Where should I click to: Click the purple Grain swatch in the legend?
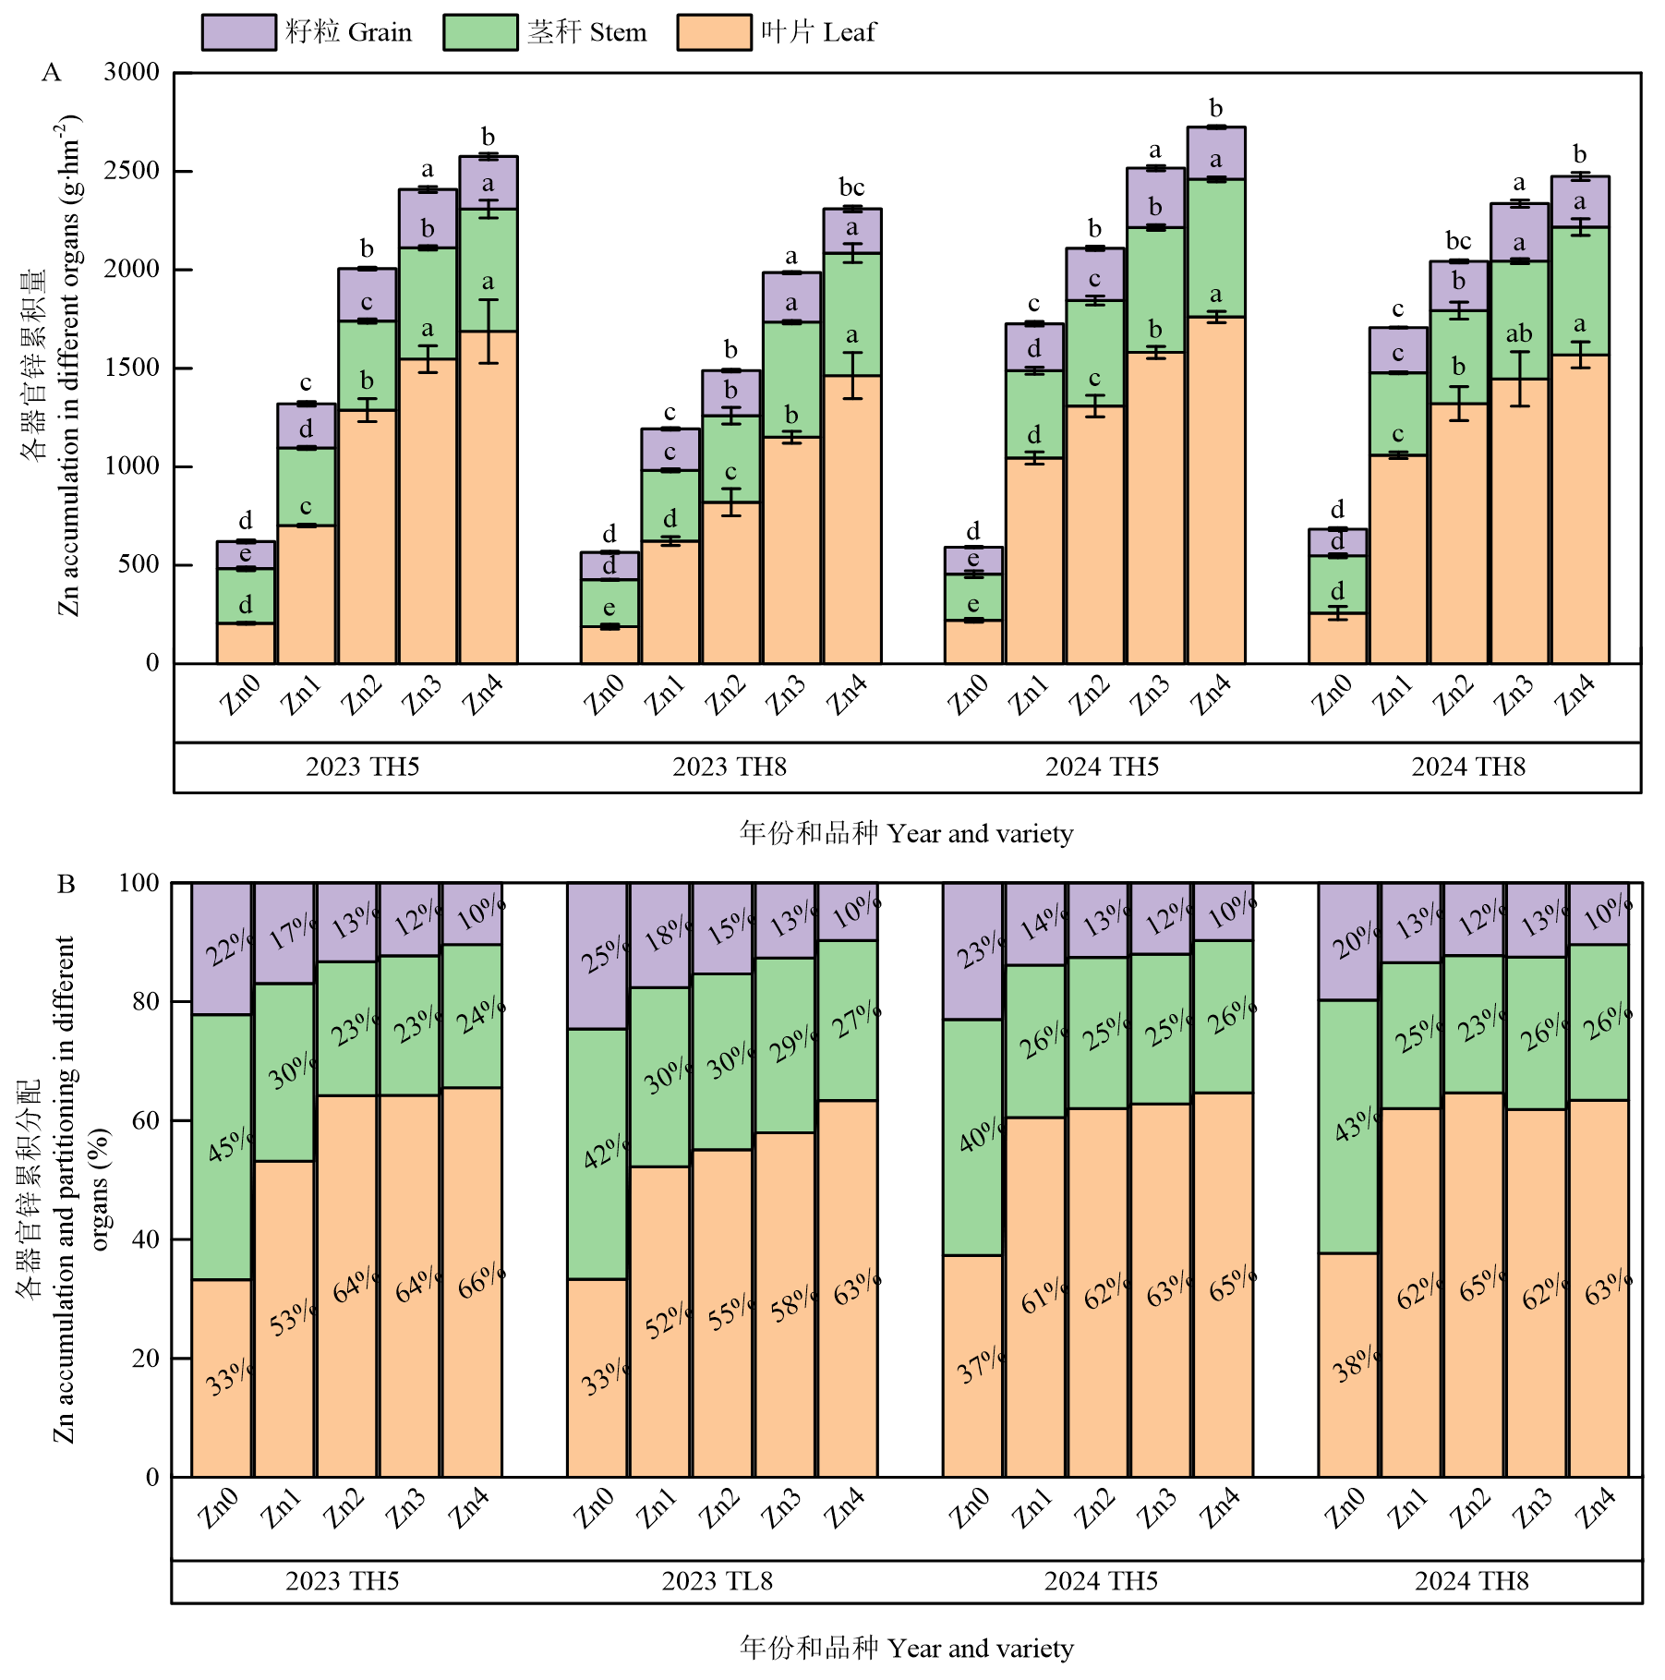tap(238, 32)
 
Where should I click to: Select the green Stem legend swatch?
tap(479, 32)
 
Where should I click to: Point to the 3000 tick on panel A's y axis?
tap(131, 72)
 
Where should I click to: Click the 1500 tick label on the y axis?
tap(131, 368)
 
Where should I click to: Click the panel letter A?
tap(52, 73)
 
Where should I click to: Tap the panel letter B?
tap(66, 885)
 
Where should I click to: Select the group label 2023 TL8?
tap(717, 1581)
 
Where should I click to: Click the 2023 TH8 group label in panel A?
tap(729, 767)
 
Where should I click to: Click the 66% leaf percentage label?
tap(481, 1282)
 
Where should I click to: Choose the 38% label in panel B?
tap(1356, 1364)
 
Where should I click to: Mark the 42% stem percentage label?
tap(605, 1152)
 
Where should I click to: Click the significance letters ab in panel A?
tap(1518, 333)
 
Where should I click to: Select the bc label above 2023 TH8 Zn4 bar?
tap(851, 187)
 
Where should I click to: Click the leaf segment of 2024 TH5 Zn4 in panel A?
tap(1215, 489)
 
